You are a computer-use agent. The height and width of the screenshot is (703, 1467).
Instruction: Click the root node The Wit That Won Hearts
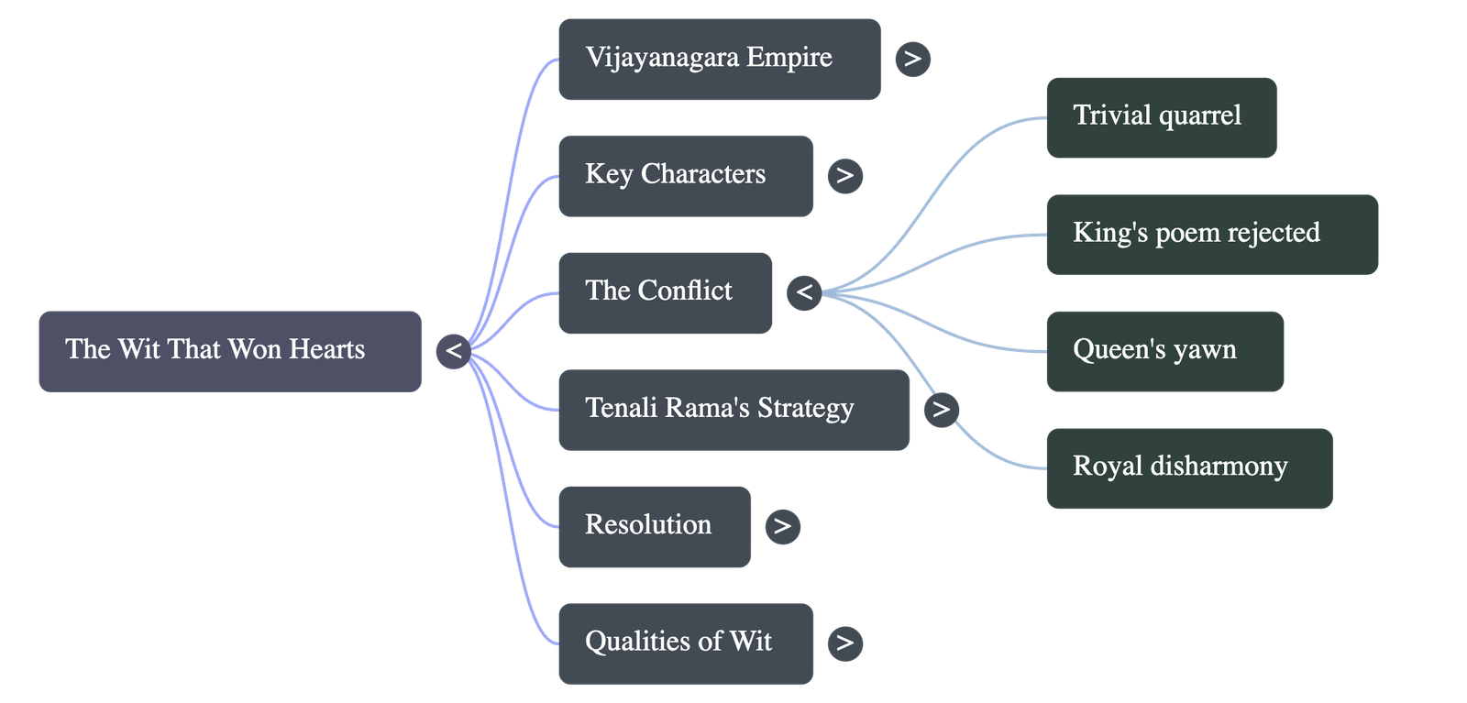click(229, 351)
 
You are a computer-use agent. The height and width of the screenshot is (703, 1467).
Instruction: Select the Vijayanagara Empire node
click(719, 59)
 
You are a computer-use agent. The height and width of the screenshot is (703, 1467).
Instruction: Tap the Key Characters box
click(685, 176)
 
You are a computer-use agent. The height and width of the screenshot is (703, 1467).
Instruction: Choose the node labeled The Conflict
click(665, 292)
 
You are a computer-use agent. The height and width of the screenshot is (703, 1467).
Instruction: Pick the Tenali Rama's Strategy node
click(733, 410)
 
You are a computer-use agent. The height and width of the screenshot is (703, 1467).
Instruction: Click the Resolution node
click(654, 526)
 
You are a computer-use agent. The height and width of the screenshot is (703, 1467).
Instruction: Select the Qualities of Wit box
click(685, 643)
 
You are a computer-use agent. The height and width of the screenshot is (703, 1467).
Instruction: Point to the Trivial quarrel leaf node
click(1161, 117)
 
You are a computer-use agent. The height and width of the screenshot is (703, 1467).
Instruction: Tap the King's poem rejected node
click(1212, 234)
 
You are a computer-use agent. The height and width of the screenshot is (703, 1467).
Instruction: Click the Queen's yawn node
click(1164, 351)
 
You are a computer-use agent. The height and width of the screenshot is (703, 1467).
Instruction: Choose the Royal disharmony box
click(1189, 467)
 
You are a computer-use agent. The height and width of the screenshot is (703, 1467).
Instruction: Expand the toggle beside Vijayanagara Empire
click(912, 59)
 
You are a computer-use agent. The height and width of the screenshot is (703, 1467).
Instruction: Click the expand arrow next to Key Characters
click(844, 175)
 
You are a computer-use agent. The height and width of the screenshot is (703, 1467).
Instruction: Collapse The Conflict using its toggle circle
click(804, 292)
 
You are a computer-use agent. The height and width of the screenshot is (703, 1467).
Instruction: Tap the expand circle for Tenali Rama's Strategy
click(941, 409)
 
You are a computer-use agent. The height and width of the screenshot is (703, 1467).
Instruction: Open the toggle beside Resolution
click(781, 526)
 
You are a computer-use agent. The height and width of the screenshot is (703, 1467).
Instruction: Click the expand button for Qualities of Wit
click(844, 643)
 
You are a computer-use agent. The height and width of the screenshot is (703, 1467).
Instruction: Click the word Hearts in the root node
click(327, 349)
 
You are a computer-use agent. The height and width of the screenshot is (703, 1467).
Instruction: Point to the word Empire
click(789, 58)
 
